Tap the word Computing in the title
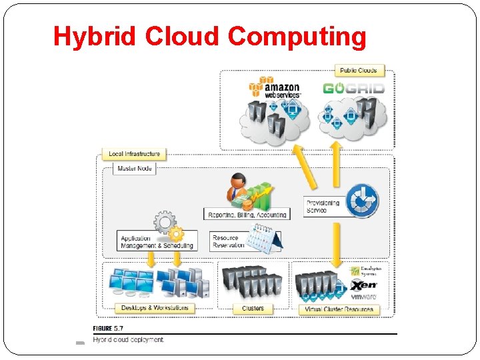[297, 37]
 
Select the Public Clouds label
[359, 71]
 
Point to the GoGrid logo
[353, 89]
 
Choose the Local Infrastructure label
[134, 154]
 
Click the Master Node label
[135, 169]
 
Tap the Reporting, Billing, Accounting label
[247, 215]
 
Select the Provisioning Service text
[323, 207]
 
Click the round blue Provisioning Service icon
[362, 201]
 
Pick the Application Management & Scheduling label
[157, 242]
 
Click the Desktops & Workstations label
[155, 308]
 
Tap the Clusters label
[253, 309]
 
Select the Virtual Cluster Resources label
[339, 309]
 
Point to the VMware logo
[364, 296]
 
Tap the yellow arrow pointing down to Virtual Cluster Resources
[337, 243]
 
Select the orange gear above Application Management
[176, 234]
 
